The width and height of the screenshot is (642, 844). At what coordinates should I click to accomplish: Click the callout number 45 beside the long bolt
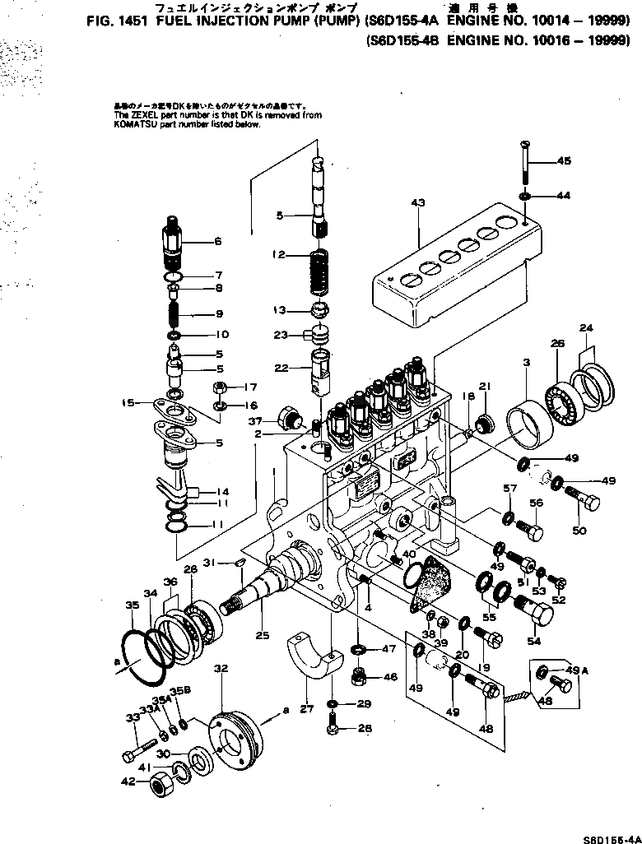point(564,161)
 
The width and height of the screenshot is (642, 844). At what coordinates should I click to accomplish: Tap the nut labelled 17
point(221,387)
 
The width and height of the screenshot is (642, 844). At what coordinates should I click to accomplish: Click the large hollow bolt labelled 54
point(528,610)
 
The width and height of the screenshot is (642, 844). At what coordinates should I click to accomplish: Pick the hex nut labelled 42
point(159,783)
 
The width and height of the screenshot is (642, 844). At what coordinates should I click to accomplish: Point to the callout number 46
point(390,677)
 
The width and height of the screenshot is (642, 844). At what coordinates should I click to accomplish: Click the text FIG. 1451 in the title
point(120,25)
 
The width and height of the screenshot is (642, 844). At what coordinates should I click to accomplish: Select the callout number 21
point(485,387)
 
